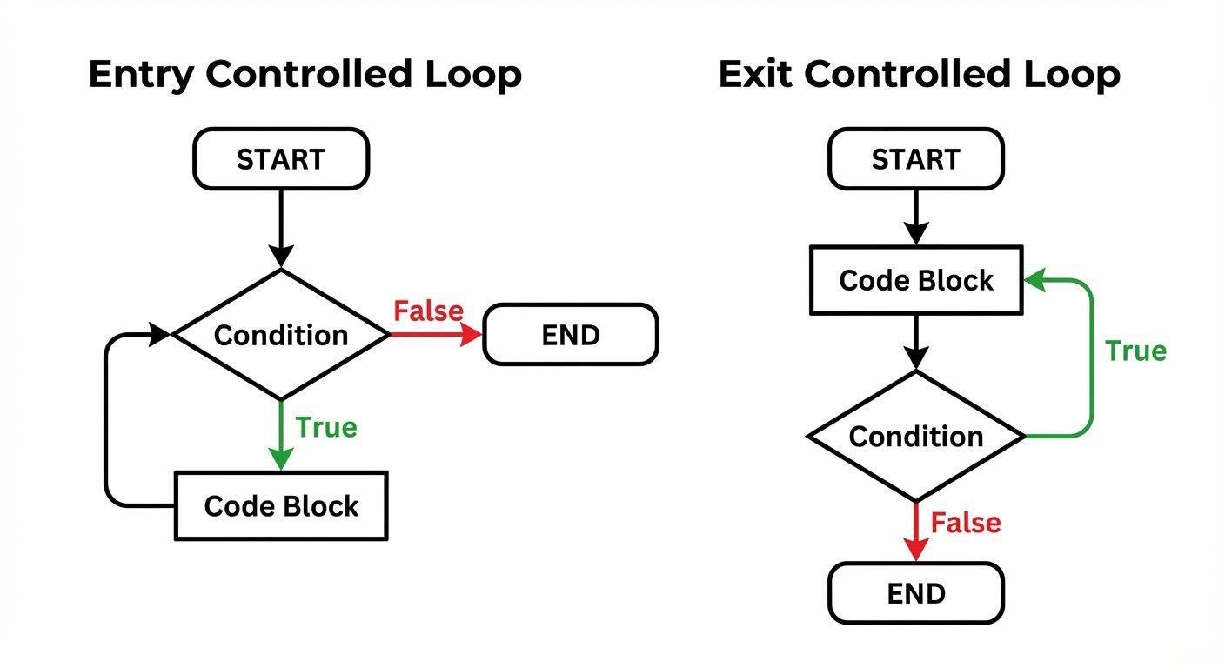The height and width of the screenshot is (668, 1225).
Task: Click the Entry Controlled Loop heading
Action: pos(305,76)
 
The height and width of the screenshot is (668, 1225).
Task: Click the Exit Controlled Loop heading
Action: pos(919,76)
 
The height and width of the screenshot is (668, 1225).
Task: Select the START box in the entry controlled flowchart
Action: pos(281,159)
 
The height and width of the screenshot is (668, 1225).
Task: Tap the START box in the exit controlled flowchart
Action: pos(916,159)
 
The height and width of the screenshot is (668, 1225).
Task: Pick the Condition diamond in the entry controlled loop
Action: pos(281,335)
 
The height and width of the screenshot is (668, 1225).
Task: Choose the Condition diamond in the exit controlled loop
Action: pos(916,436)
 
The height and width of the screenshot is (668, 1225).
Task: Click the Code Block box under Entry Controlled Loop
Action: pos(281,506)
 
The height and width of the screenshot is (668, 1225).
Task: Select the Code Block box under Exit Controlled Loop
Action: pos(916,280)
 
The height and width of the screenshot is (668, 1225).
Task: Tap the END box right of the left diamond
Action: pos(571,335)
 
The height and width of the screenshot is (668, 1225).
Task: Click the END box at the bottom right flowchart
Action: pos(916,593)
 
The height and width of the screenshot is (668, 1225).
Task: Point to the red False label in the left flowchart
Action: pos(428,311)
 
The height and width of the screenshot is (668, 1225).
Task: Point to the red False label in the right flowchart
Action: pos(966,523)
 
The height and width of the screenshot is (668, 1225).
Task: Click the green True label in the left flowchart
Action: pos(326,427)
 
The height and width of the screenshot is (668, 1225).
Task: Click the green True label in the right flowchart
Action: pos(1135,351)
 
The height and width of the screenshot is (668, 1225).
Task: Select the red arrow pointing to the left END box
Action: pos(435,335)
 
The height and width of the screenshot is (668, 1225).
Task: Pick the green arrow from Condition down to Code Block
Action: pos(281,435)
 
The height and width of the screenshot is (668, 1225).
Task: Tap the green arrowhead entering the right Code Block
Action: pos(1034,280)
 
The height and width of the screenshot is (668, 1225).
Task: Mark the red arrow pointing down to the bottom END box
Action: pos(916,531)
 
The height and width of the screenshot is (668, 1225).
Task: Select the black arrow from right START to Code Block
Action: pos(916,217)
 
